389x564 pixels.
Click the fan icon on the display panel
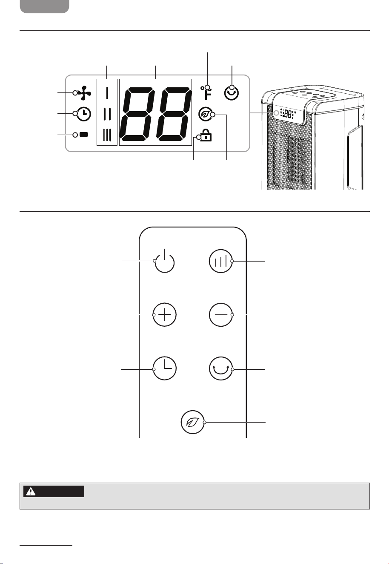[85, 93]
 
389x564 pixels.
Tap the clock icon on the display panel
[84, 114]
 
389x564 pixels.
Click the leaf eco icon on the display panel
[205, 114]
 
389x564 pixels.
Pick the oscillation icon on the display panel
[232, 93]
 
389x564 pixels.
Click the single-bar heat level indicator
[107, 93]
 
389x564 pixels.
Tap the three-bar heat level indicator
[107, 135]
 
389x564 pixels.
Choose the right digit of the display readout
[174, 114]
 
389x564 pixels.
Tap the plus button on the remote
[165, 315]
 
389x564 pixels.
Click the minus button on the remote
[220, 315]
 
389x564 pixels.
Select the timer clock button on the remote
[165, 368]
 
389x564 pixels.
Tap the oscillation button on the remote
[220, 368]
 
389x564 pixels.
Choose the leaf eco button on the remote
[193, 422]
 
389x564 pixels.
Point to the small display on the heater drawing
[287, 114]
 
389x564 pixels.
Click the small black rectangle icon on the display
[84, 135]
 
